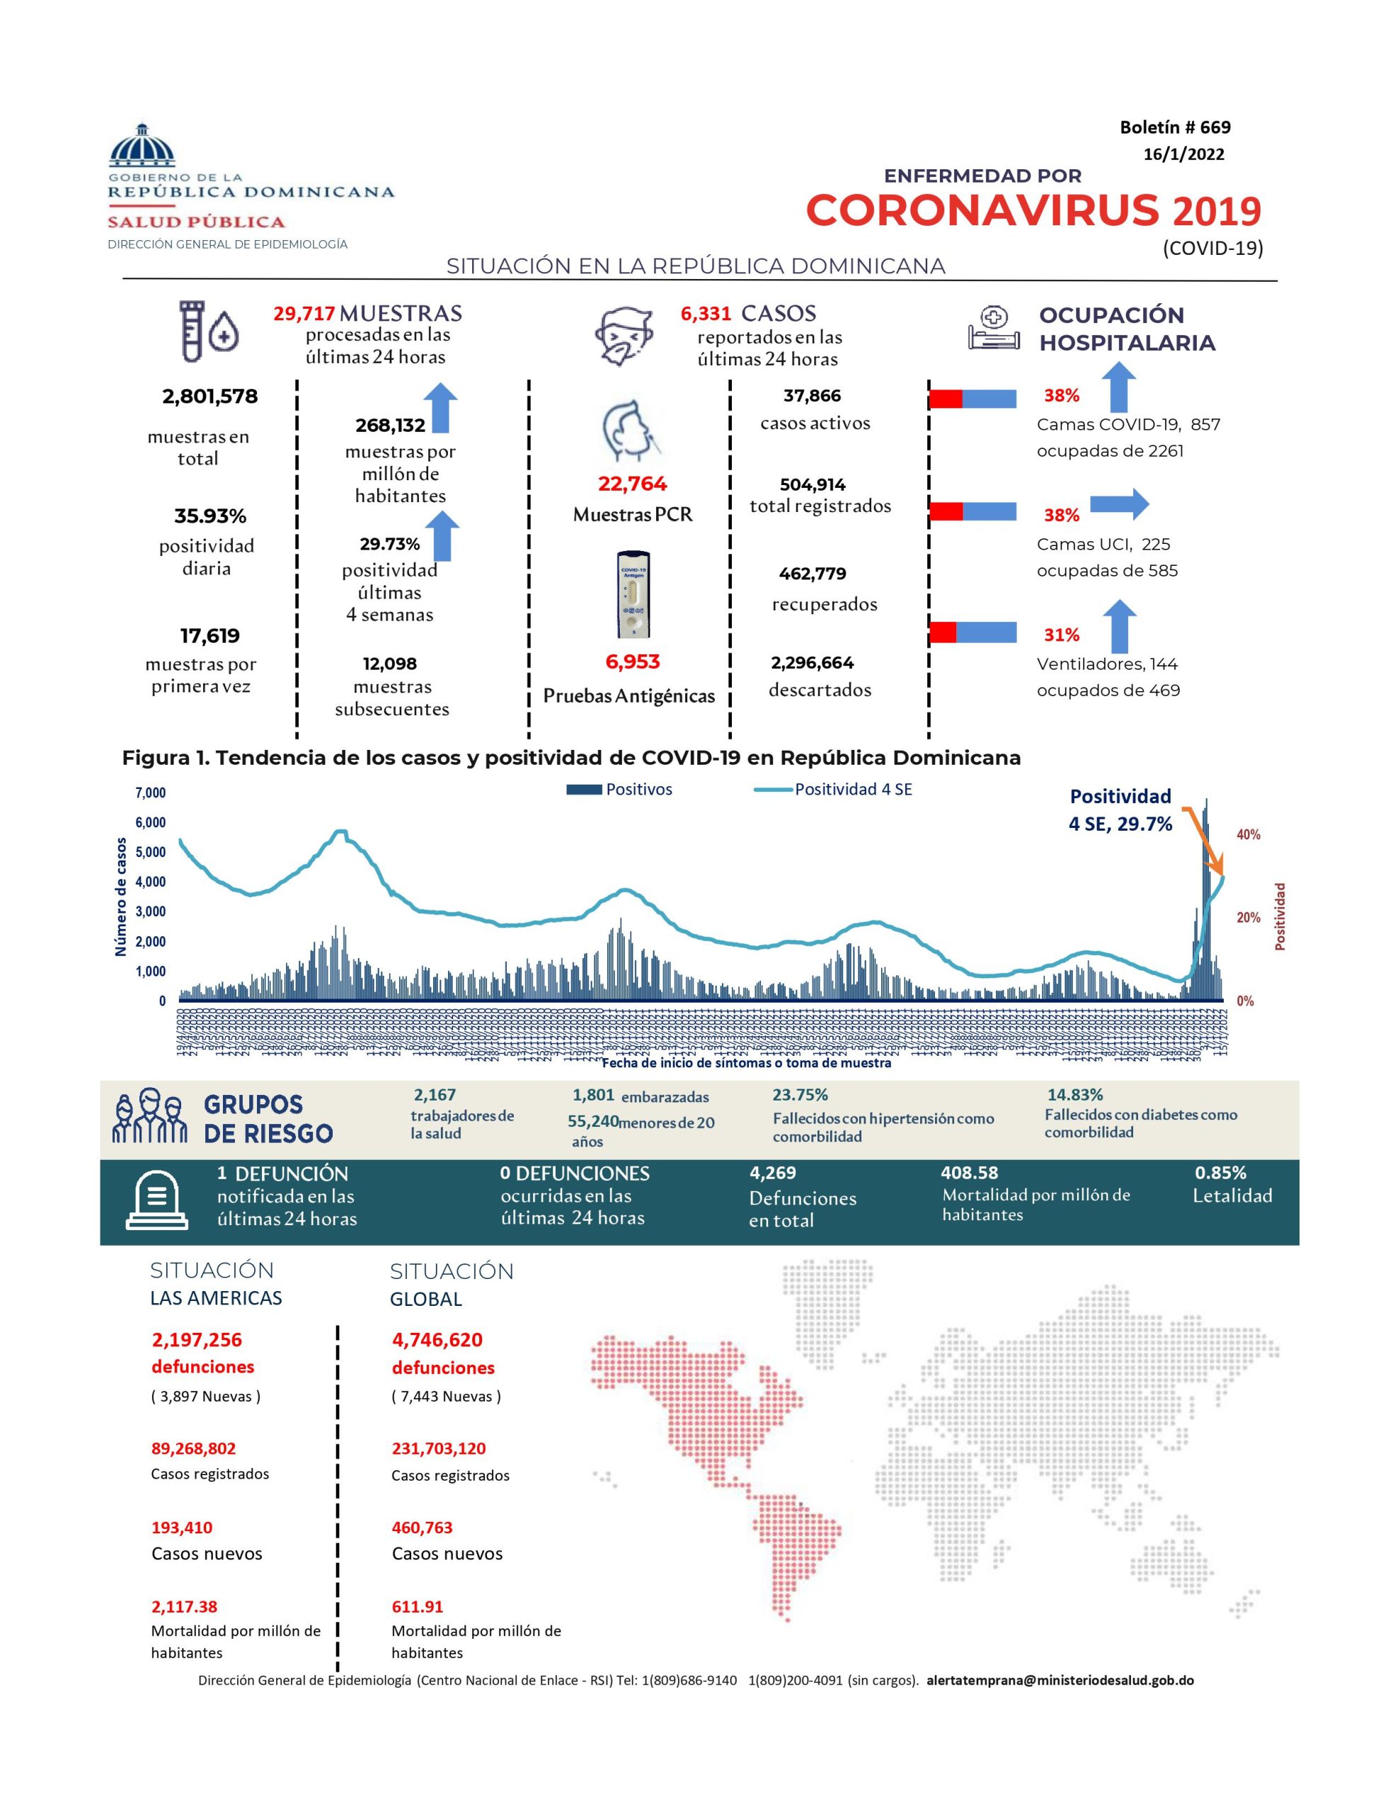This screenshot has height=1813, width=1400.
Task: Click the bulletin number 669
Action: [1174, 127]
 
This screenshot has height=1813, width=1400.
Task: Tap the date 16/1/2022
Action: [1183, 154]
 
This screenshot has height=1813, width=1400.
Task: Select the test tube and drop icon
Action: [209, 331]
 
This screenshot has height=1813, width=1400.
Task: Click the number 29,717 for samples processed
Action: [304, 314]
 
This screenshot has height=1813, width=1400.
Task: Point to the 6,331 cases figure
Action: [706, 314]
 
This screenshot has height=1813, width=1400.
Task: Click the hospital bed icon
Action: [993, 329]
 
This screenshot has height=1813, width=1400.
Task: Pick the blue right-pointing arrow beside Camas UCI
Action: [1119, 503]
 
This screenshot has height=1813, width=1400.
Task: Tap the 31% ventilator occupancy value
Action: [1062, 635]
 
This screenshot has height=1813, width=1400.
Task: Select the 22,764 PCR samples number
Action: [632, 484]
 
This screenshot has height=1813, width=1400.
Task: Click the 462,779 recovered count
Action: [813, 574]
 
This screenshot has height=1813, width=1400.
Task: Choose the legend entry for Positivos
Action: [619, 790]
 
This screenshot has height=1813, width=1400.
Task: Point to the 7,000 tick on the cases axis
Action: [150, 792]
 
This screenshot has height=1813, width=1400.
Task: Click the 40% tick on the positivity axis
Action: [1248, 834]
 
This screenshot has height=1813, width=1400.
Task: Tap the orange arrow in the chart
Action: [1203, 839]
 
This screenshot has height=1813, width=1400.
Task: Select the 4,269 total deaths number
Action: [771, 1173]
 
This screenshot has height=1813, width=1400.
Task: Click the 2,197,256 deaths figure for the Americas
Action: [197, 1340]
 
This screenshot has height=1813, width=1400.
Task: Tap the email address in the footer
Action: [1060, 1680]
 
